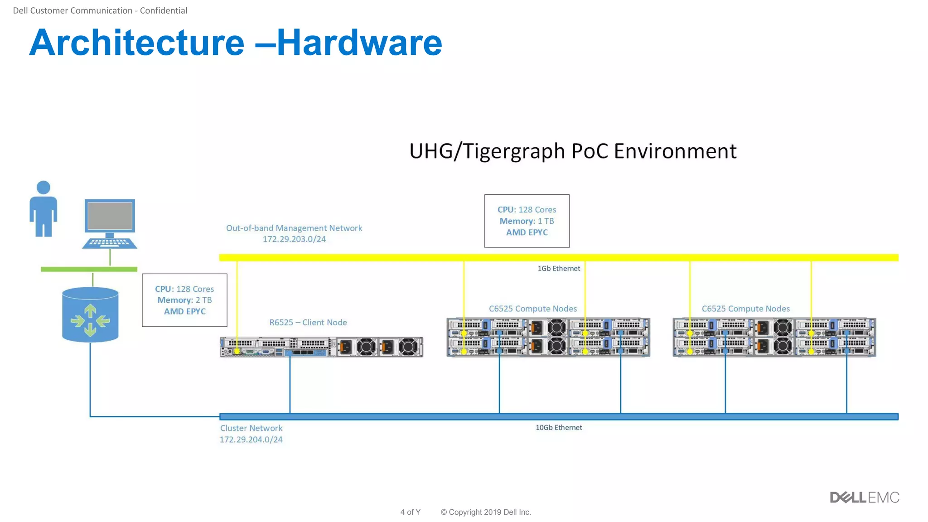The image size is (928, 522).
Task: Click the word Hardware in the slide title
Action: (x=359, y=43)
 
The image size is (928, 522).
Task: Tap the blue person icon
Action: (x=43, y=209)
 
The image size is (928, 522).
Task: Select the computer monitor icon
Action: (x=110, y=223)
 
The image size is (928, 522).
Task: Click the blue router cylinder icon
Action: (x=90, y=315)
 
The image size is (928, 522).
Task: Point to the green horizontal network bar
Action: (x=89, y=269)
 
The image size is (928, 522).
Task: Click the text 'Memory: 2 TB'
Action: (x=184, y=300)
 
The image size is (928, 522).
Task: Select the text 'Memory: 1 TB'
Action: (x=527, y=221)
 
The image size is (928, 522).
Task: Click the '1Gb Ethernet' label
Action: (x=558, y=268)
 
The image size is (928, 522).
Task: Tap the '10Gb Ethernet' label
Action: (x=558, y=427)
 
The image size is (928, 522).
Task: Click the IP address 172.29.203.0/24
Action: (x=294, y=239)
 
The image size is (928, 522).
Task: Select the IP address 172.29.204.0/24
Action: (x=251, y=440)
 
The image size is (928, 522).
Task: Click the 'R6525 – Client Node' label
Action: (x=308, y=322)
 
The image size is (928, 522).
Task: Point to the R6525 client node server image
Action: (x=321, y=347)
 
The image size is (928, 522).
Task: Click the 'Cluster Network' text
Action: (x=251, y=428)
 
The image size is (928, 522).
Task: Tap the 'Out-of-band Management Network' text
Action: (x=294, y=228)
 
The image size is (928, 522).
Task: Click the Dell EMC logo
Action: (x=864, y=498)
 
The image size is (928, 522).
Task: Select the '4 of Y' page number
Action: (x=410, y=512)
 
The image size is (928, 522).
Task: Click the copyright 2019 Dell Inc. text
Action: (x=485, y=512)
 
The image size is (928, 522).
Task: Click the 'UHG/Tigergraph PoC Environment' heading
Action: (x=573, y=151)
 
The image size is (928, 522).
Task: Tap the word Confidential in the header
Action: (x=163, y=10)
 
